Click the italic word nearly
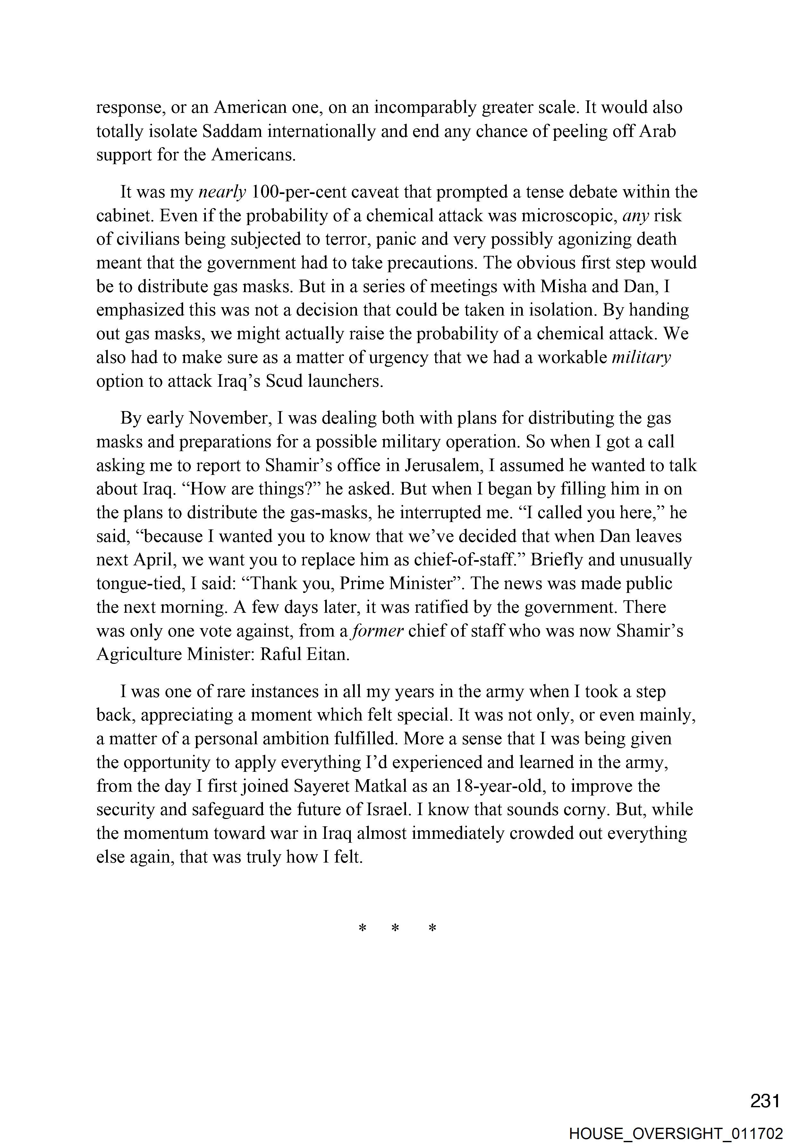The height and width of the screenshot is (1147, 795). click(222, 192)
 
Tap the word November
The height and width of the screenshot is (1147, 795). click(229, 418)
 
